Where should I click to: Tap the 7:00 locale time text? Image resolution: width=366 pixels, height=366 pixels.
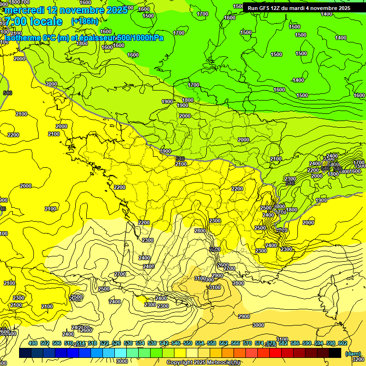pyautogui.click(x=33, y=21)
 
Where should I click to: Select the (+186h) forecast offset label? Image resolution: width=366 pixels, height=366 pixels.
pyautogui.click(x=84, y=21)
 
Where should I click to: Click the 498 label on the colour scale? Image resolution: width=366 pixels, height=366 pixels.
pyautogui.click(x=33, y=343)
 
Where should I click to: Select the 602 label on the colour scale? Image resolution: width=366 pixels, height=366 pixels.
pyautogui.click(x=343, y=343)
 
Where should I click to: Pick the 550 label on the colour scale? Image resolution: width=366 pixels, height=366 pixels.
pyautogui.click(x=188, y=343)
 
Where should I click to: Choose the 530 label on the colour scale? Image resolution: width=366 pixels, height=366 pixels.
pyautogui.click(x=128, y=343)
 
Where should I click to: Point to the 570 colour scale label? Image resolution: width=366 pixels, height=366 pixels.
pyautogui.click(x=247, y=343)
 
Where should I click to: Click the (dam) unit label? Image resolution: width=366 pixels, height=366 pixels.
pyautogui.click(x=353, y=354)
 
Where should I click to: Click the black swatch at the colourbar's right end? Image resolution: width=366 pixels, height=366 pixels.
pyautogui.click(x=335, y=353)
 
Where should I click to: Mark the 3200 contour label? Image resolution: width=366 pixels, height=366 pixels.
pyautogui.click(x=358, y=359)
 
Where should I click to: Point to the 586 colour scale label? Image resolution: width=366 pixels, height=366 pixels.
pyautogui.click(x=295, y=343)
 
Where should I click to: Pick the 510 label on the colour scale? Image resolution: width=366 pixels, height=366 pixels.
pyautogui.click(x=69, y=343)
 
